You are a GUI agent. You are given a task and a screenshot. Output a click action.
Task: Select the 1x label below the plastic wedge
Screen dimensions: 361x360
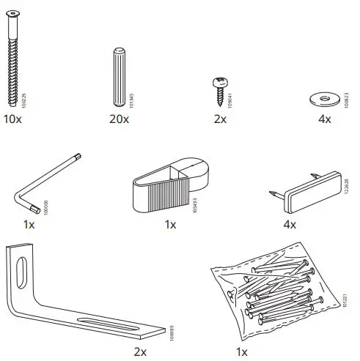coord(170,225)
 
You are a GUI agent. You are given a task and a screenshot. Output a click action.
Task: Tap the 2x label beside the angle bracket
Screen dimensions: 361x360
coord(141,351)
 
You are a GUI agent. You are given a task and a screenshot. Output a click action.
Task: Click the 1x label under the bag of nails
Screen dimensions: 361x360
coord(242,351)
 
